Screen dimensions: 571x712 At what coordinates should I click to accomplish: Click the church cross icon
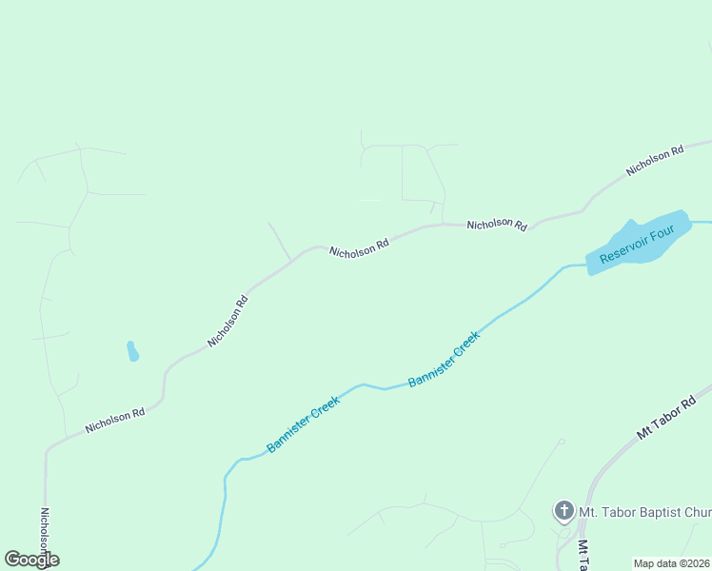(x=564, y=511)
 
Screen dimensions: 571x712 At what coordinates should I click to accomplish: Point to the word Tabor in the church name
(x=613, y=512)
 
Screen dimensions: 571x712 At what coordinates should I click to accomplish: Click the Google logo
(x=31, y=560)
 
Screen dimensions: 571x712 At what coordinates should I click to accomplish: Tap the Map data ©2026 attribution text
(x=672, y=563)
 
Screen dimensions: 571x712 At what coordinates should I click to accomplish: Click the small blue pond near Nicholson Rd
(x=132, y=351)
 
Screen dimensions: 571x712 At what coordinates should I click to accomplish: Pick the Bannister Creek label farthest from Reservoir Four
(x=303, y=424)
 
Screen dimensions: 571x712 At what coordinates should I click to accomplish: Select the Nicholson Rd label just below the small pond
(x=114, y=421)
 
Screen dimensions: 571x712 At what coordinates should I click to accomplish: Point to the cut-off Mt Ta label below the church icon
(x=583, y=555)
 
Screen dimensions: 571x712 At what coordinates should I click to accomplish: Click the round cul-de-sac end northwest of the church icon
(x=562, y=442)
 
